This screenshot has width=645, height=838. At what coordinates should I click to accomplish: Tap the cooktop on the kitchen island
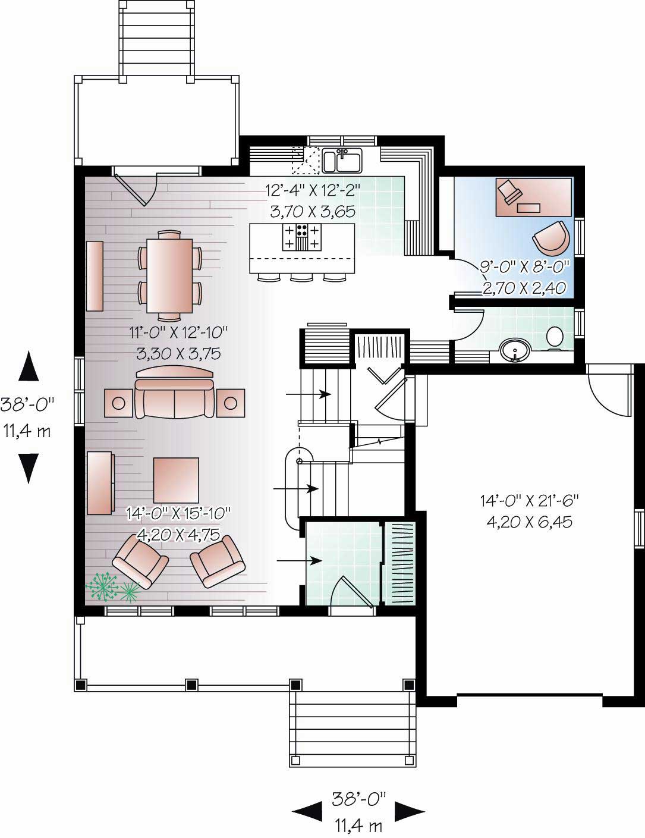pos(301,237)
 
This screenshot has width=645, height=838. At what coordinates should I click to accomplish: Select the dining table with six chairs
pos(170,275)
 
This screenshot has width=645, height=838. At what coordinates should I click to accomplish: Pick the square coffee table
pos(176,480)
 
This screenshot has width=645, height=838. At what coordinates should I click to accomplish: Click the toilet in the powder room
pos(554,337)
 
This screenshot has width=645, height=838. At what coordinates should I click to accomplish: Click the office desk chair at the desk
pos(509,192)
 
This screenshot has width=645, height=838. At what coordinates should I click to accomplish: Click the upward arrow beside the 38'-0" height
pos(29,366)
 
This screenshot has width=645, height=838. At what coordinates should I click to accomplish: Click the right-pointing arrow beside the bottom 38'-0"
pos(410,810)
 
